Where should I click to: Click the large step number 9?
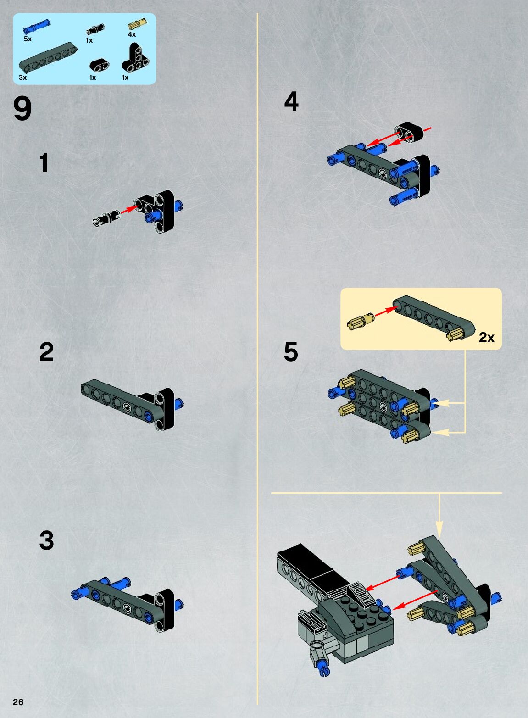point(22,109)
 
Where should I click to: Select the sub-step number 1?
point(44,163)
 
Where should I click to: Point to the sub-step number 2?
point(46,352)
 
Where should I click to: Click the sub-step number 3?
point(46,540)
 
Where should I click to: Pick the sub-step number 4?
point(291,101)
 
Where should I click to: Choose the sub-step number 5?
point(291,352)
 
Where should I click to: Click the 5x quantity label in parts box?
point(28,39)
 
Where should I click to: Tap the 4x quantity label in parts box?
point(132,34)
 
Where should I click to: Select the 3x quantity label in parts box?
point(23,78)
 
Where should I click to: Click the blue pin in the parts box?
point(37,27)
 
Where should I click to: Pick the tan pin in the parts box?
point(138,24)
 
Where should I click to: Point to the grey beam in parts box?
point(48,57)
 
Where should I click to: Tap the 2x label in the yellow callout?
point(486,338)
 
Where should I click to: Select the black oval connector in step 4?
point(409,131)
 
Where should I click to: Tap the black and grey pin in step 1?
point(106,218)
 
